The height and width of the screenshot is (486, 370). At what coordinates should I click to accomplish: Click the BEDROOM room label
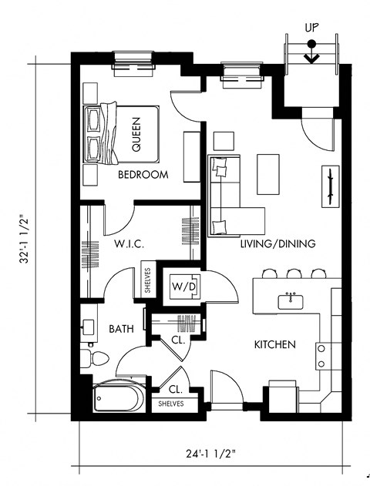[143, 175]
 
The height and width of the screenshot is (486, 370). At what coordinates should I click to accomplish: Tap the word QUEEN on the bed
[136, 132]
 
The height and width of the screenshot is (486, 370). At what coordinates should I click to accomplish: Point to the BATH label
[121, 329]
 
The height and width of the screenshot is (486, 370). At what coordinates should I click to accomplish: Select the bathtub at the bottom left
[117, 398]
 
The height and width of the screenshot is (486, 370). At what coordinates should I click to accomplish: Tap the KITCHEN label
[275, 344]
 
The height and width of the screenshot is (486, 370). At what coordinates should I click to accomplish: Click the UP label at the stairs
[311, 28]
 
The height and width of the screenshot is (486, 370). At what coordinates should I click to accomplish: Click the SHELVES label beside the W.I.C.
[146, 282]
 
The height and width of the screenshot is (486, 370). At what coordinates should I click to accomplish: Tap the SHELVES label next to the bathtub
[170, 404]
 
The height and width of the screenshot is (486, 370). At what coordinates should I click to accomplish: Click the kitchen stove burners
[321, 355]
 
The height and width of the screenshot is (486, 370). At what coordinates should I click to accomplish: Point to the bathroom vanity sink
[88, 329]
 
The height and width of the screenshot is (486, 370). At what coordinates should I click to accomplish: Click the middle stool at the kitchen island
[293, 273]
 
